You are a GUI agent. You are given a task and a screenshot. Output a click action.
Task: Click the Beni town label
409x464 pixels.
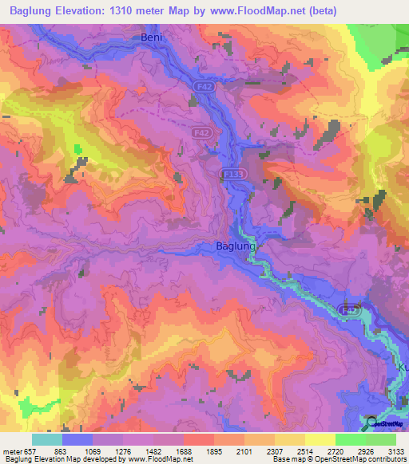click(151, 37)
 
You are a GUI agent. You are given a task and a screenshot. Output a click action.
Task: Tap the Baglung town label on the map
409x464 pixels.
click(236, 247)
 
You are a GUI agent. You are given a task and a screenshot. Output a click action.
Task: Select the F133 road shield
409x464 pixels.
click(231, 172)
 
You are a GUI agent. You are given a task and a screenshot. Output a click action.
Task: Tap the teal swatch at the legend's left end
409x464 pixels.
click(46, 439)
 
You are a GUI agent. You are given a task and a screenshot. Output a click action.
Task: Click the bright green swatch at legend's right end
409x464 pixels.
click(380, 439)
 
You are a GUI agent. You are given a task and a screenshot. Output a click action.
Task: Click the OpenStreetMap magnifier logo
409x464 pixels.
click(372, 423)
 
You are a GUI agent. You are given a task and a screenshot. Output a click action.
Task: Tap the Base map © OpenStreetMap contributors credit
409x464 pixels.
click(338, 459)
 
